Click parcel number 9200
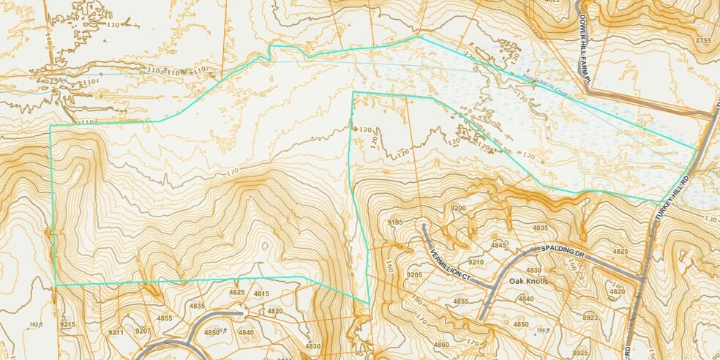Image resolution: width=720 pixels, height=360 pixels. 458,209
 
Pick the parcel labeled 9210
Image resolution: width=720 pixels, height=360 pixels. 476,262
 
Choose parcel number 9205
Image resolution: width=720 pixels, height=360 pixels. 414,274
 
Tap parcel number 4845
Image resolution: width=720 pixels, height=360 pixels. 499,244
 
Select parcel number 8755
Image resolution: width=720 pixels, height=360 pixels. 704,40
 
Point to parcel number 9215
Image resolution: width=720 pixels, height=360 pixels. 67,324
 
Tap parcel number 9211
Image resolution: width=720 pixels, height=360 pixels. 116,333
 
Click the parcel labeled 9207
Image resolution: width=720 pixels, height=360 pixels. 142,331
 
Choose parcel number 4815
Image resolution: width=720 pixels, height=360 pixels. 261,293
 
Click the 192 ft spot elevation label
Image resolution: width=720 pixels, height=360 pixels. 37,323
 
